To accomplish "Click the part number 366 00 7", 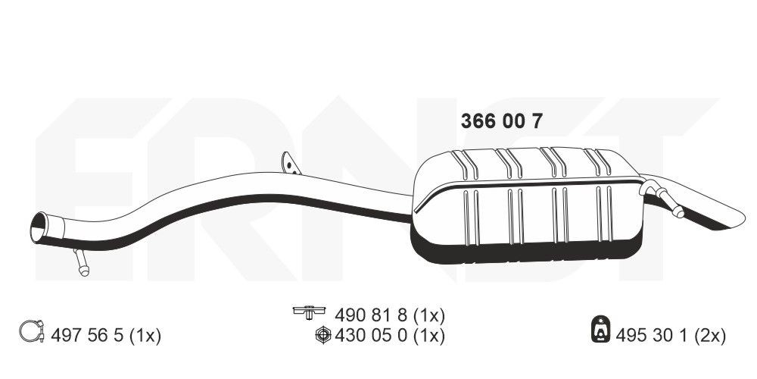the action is pos(502,121).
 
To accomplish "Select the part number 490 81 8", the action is pos(372,316).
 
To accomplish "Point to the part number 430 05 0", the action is pos(372,336).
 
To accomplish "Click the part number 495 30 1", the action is pos(653,336).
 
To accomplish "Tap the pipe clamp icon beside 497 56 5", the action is pos(32,331).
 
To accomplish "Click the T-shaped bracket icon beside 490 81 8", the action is pos(309,312).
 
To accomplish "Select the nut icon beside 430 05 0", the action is pos(323,335).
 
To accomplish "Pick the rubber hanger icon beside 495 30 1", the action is pos(601,329).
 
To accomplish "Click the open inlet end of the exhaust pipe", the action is pos(39,227).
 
